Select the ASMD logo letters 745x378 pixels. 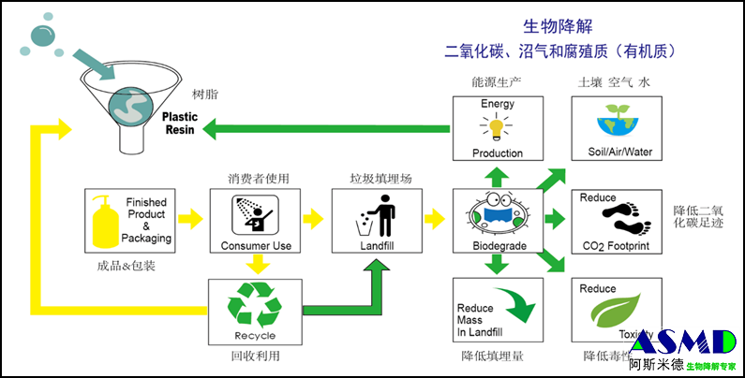click(x=682, y=342)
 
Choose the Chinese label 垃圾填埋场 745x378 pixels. click(x=376, y=177)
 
